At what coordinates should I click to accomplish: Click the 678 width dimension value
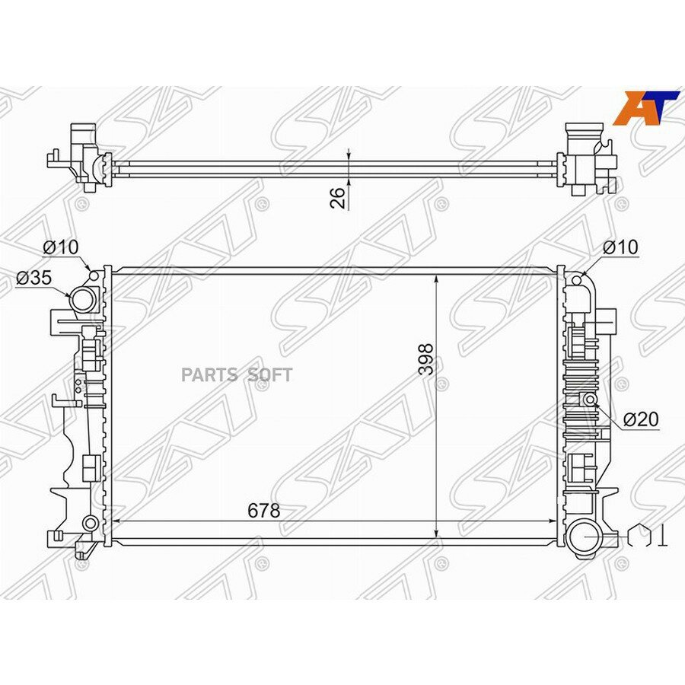coord(263,510)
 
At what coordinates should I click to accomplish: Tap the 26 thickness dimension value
coord(338,197)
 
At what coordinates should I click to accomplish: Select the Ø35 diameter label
coord(33,277)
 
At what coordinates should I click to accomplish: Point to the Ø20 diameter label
coord(641,419)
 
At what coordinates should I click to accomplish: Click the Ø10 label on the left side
coord(61,247)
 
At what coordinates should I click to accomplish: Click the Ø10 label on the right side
coord(620,247)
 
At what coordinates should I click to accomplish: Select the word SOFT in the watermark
coord(269,374)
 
